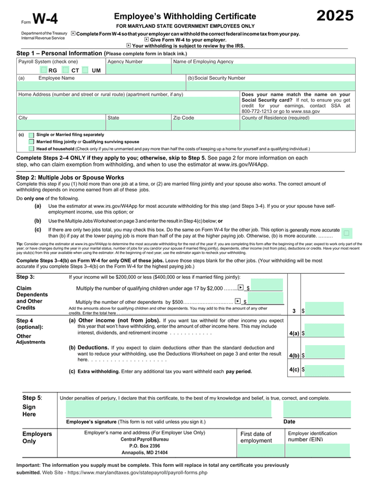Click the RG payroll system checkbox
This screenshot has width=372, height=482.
click(44, 70)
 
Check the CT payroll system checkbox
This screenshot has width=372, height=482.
click(66, 70)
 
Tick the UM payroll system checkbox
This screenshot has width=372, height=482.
click(86, 70)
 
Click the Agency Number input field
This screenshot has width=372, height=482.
click(138, 69)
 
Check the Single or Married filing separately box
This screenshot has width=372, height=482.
click(31, 134)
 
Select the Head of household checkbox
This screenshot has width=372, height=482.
click(31, 148)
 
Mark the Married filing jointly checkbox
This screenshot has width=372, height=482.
click(31, 141)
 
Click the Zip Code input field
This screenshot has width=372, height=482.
click(205, 125)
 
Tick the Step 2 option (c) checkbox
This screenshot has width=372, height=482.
click(346, 233)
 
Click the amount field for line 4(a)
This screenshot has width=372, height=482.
click(330, 333)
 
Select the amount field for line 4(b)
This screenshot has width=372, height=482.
click(330, 355)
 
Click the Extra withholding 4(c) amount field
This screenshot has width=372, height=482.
click(330, 370)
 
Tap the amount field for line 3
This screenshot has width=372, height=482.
click(330, 311)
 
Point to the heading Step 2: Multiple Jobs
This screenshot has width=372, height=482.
click(70, 177)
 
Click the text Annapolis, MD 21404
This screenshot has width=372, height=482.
click(145, 452)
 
